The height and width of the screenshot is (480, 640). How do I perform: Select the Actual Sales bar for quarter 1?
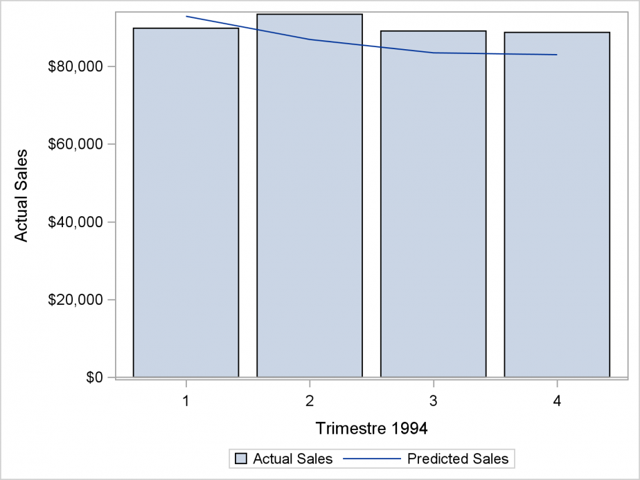click(x=186, y=208)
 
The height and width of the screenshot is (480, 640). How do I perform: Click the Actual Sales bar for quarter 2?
click(x=310, y=208)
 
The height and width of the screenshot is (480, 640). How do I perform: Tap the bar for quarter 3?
click(x=433, y=208)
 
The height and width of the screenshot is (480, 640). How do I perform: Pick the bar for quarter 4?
click(x=557, y=208)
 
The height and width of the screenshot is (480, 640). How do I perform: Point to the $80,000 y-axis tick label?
click(x=75, y=66)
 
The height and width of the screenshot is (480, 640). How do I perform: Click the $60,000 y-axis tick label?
click(x=75, y=144)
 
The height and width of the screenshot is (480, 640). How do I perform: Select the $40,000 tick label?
click(x=75, y=222)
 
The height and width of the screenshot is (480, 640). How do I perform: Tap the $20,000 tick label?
click(x=75, y=300)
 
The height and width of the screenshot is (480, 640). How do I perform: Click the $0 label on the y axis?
click(x=94, y=377)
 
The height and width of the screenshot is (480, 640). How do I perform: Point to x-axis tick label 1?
click(x=186, y=400)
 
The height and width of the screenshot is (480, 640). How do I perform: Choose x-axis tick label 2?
click(x=310, y=400)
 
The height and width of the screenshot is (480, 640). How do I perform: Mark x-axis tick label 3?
click(x=433, y=400)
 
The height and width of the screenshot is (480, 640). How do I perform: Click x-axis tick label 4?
click(x=557, y=400)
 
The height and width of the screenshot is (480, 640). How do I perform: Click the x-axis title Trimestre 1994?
click(x=371, y=428)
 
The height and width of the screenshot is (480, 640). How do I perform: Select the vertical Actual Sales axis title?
click(x=21, y=195)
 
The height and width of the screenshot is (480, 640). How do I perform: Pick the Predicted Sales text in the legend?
click(x=458, y=459)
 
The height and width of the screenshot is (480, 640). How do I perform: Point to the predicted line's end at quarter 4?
click(x=556, y=55)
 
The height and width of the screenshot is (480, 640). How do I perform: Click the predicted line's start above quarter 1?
click(x=186, y=16)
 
